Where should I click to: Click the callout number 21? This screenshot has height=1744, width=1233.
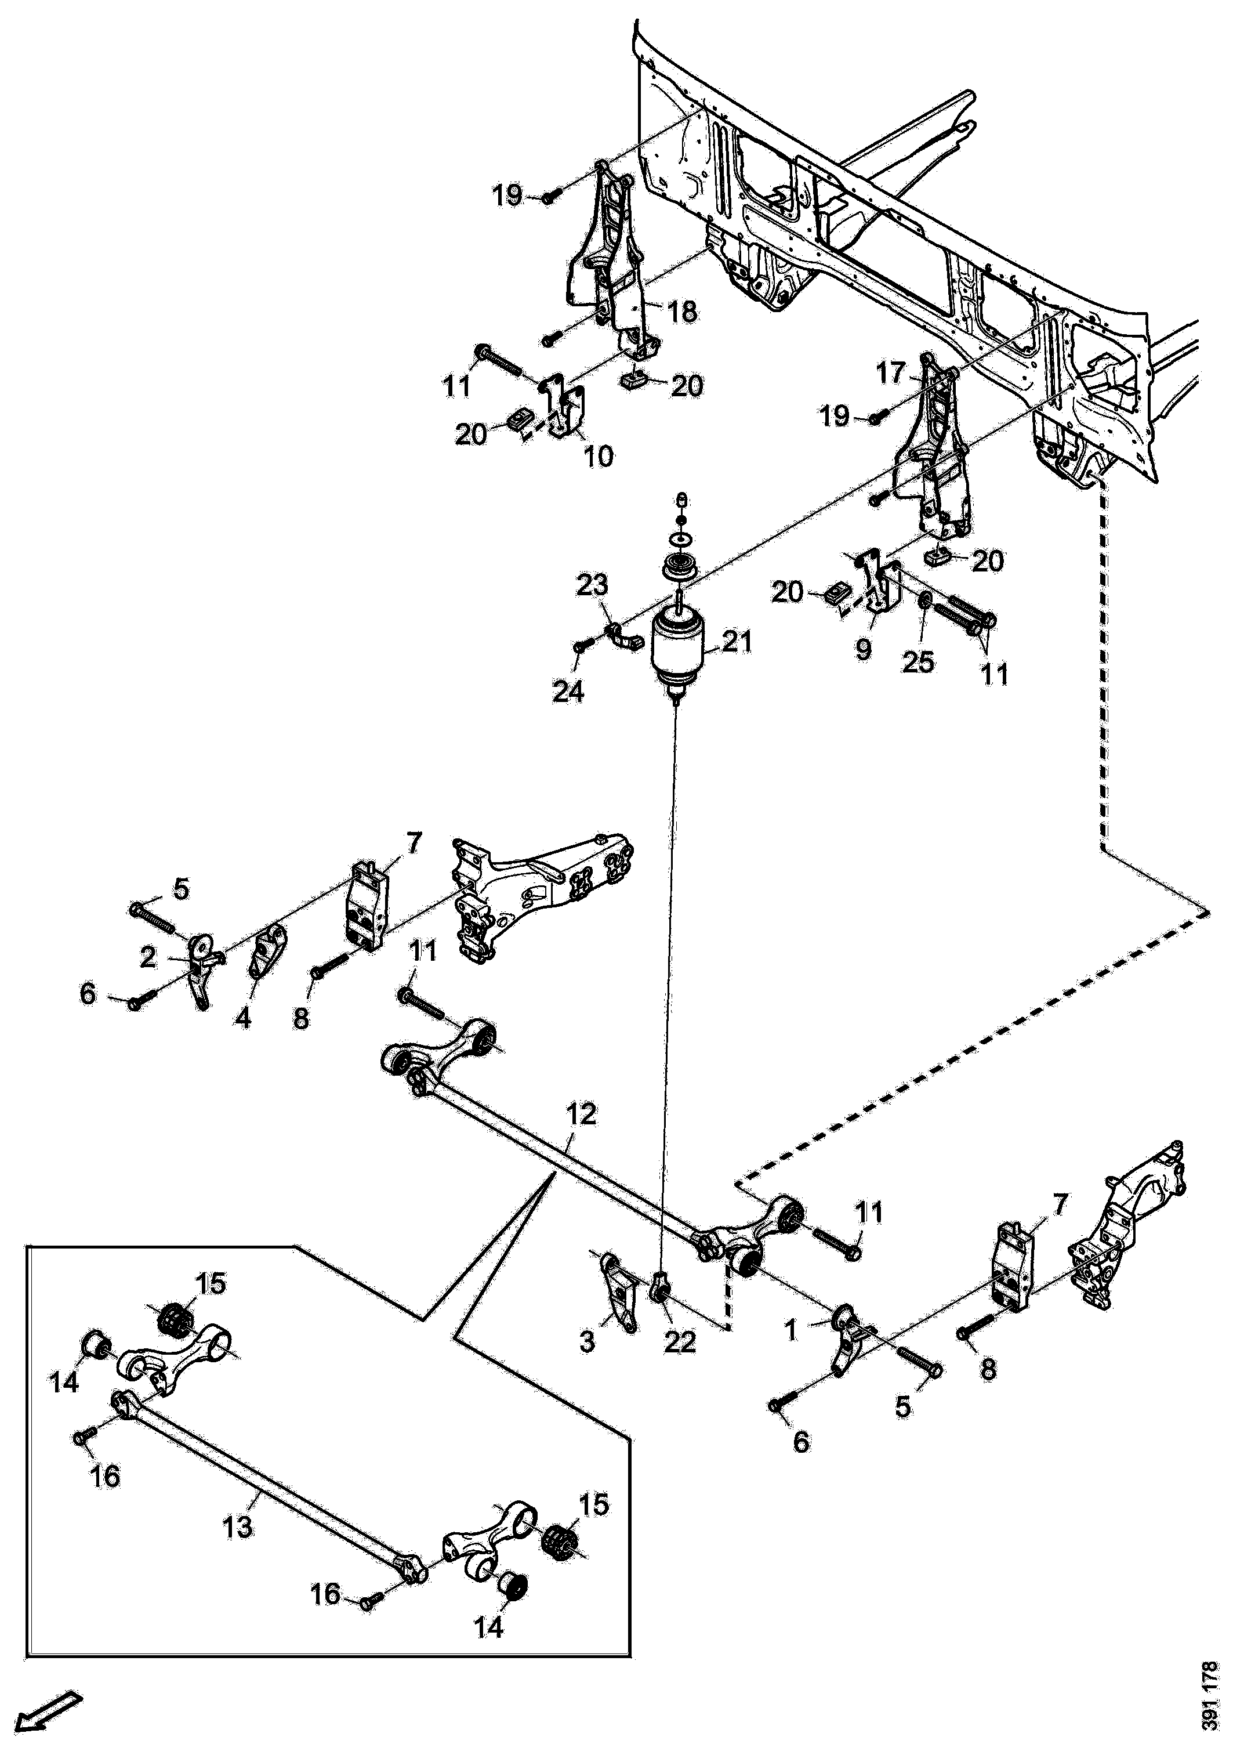737,643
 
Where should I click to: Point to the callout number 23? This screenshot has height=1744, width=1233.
592,585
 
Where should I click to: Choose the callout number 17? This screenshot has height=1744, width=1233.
891,373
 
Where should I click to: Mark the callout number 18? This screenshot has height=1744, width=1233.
682,312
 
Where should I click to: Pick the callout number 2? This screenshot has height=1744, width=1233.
148,958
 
